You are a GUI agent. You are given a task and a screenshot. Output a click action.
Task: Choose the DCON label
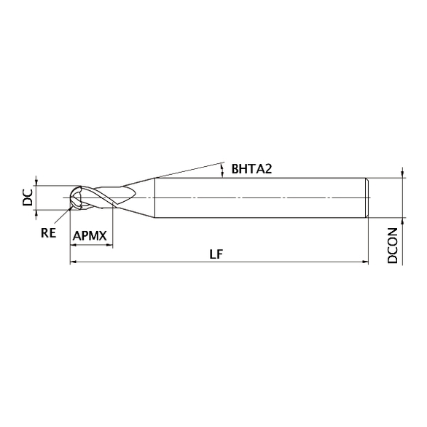pos(393,246)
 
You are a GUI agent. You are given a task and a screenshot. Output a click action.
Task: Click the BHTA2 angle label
pos(251,169)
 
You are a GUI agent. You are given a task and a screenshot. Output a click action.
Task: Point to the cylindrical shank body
pos(255,197)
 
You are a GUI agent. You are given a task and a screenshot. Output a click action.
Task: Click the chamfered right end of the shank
pos(369,197)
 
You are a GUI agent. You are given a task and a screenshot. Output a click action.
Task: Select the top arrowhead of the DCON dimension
pos(401,175)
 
